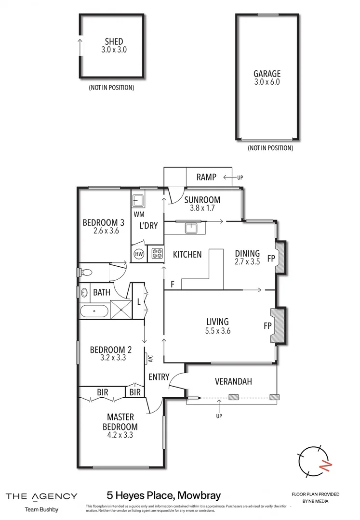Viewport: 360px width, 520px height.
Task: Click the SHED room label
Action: (114, 41)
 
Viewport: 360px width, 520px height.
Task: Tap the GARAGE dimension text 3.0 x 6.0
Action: (267, 82)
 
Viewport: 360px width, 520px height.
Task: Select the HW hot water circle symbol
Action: (139, 254)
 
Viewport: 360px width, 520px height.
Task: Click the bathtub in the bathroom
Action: (94, 311)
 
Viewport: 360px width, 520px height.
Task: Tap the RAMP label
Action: (206, 177)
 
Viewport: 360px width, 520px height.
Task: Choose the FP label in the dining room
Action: (271, 258)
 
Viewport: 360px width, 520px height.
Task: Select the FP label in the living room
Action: (267, 325)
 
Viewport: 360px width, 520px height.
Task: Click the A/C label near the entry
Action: (150, 359)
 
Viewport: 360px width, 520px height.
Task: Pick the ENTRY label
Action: (159, 377)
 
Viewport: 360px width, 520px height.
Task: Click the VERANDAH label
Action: (233, 382)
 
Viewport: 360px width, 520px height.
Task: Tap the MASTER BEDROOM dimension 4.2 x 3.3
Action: (120, 435)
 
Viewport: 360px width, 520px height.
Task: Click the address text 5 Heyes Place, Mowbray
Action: (163, 495)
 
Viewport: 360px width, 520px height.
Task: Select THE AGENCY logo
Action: (41, 496)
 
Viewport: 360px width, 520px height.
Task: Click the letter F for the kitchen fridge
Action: (172, 285)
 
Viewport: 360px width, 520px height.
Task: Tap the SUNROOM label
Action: (202, 200)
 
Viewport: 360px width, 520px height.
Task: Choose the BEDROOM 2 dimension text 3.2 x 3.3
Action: (111, 358)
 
